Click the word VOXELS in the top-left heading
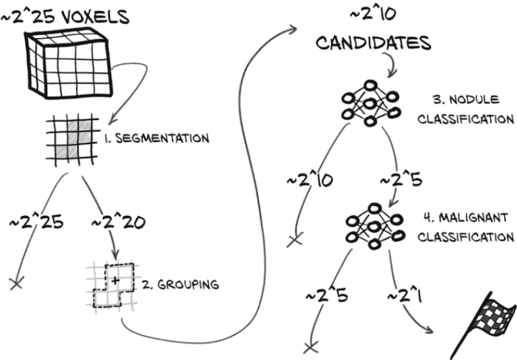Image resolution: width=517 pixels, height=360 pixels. coord(96,17)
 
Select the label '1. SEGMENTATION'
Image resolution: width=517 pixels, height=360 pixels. coord(157,139)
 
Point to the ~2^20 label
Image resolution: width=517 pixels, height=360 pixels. coord(118,222)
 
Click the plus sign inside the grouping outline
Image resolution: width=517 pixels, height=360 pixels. coord(115,281)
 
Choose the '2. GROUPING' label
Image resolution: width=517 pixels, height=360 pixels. coord(180,285)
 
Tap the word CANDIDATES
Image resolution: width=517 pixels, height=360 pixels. coord(374,43)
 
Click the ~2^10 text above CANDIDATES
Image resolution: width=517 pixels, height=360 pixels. coord(373,14)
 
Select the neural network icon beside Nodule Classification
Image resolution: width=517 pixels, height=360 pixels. coord(370,103)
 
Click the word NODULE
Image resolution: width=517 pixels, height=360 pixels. coord(474,100)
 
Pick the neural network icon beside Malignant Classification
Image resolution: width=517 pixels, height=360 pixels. coord(374,226)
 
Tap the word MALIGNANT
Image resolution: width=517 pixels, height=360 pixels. coord(473,218)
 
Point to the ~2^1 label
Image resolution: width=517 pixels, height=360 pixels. coord(405,295)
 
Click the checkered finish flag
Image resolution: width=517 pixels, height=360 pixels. coord(483,325)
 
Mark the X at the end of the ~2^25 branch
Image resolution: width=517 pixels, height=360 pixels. coord(17,283)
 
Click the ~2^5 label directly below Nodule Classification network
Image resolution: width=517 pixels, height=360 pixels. coord(401,180)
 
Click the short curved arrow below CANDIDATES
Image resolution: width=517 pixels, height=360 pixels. coord(390,65)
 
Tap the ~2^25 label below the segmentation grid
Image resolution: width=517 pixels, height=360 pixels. coord(36,222)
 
